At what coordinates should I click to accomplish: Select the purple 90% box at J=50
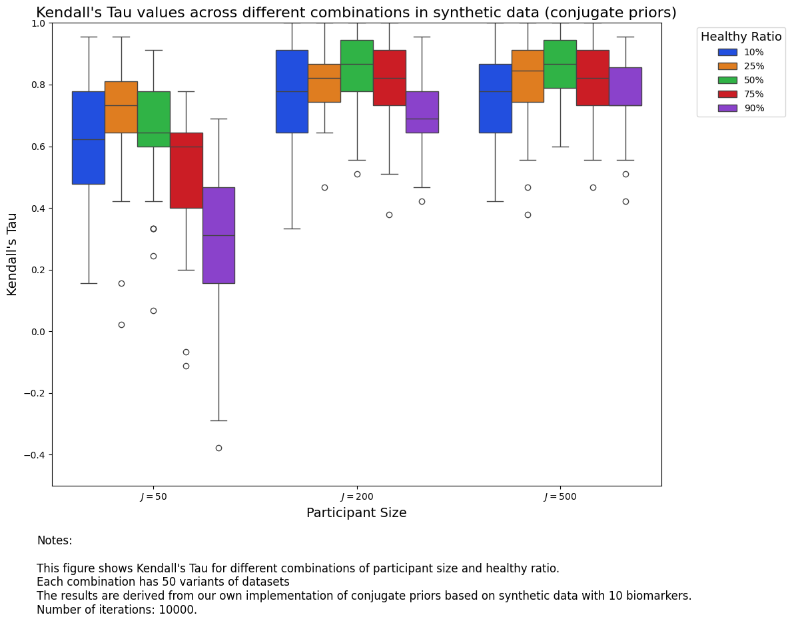pos(218,235)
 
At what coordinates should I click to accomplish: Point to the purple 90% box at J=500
pos(625,86)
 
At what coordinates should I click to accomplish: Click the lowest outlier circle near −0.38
pos(218,448)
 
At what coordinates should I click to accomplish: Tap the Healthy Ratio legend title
pos(741,37)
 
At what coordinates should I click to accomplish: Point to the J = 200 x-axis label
pos(356,496)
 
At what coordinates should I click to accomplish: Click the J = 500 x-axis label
pos(560,496)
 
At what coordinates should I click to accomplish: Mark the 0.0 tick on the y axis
pos(38,332)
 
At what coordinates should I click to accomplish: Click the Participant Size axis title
pos(356,513)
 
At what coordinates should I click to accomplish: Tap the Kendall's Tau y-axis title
pos(12,254)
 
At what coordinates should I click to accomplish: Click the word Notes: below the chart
pos(55,540)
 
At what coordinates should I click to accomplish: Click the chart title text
pos(356,13)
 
